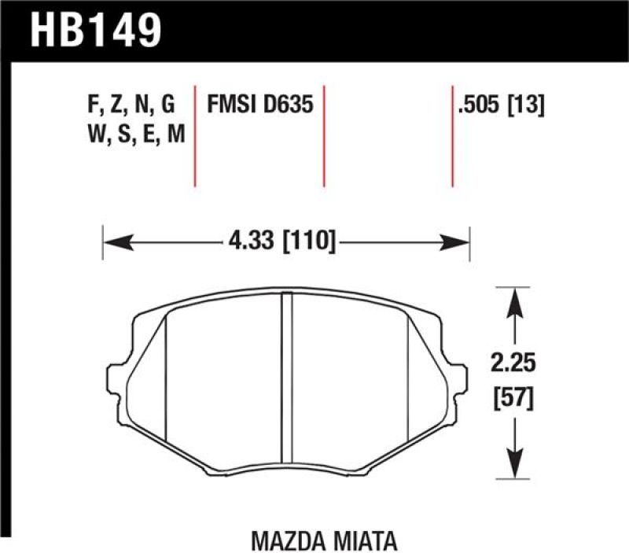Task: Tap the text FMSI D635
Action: tap(259, 105)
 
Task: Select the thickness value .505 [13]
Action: tap(499, 105)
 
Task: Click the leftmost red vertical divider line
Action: tap(194, 135)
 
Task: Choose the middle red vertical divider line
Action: tap(324, 135)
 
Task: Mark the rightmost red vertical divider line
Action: tap(452, 135)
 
